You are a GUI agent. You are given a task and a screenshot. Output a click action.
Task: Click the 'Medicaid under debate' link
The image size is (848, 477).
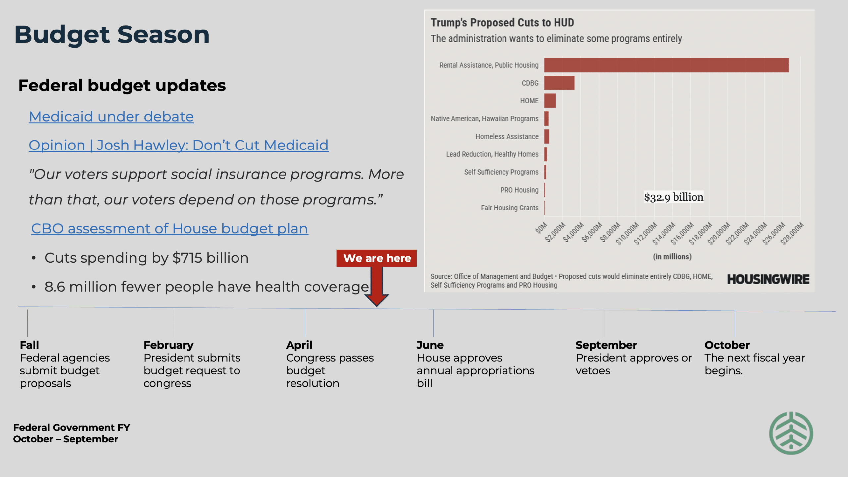pyautogui.click(x=111, y=117)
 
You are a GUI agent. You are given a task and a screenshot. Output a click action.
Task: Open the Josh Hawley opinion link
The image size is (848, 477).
pyautogui.click(x=179, y=145)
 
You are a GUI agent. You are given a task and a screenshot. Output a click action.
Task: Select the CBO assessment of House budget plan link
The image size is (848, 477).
pyautogui.click(x=170, y=229)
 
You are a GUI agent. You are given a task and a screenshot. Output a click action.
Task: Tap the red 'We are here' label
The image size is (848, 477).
pyautogui.click(x=377, y=258)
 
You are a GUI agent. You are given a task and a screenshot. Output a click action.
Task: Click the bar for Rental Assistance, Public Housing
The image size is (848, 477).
pyautogui.click(x=666, y=65)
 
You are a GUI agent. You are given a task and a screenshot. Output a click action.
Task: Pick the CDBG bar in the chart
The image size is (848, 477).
pyautogui.click(x=559, y=83)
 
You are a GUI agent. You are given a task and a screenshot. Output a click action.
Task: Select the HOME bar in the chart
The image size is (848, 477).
pyautogui.click(x=550, y=101)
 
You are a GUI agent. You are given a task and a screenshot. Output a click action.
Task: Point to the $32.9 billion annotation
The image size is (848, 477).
pyautogui.click(x=673, y=197)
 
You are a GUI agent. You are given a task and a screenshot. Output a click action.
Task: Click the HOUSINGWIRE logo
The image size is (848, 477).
pyautogui.click(x=768, y=279)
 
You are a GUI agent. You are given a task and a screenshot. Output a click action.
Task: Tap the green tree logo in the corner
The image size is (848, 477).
pyautogui.click(x=791, y=433)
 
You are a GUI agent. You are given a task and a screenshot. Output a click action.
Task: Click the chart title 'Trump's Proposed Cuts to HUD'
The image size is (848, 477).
pyautogui.click(x=502, y=23)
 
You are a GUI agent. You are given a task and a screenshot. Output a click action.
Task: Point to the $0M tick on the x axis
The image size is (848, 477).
pyautogui.click(x=542, y=228)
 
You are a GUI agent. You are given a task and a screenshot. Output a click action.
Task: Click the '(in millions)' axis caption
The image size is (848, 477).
pyautogui.click(x=672, y=257)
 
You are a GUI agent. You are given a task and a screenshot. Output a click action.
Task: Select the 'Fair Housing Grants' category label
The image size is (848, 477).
pyautogui.click(x=509, y=208)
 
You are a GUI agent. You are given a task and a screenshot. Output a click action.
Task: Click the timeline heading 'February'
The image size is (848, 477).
pyautogui.click(x=169, y=345)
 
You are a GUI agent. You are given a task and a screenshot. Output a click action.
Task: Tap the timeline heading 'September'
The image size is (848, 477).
pyautogui.click(x=606, y=345)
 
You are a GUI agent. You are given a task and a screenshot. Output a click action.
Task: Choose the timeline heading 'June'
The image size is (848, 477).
pyautogui.click(x=430, y=345)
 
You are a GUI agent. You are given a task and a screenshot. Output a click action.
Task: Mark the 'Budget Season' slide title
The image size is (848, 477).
pyautogui.click(x=112, y=34)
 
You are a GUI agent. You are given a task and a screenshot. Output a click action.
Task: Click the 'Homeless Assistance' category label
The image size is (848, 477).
pyautogui.click(x=507, y=137)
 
